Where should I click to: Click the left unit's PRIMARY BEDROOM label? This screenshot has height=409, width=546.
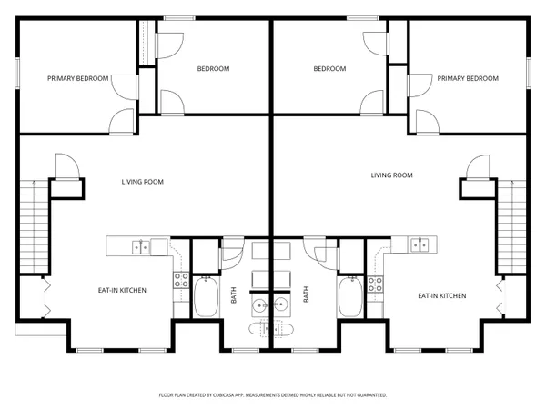(77, 78)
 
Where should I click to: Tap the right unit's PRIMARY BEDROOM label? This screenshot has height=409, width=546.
(468, 78)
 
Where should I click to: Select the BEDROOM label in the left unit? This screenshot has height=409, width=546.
(213, 68)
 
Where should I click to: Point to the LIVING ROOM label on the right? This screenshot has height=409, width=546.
(391, 175)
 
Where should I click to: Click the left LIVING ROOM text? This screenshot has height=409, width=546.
(143, 181)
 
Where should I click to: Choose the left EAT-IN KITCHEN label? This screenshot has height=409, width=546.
(122, 290)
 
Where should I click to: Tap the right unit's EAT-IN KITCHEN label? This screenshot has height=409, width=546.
(442, 295)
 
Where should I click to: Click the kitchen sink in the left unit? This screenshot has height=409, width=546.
(141, 245)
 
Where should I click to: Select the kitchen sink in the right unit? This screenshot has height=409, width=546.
(420, 244)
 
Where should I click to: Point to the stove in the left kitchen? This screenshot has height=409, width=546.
(180, 281)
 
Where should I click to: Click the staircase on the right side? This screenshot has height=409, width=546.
(512, 226)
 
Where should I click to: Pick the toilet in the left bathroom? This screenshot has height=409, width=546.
(261, 328)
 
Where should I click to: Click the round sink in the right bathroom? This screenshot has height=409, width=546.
(281, 304)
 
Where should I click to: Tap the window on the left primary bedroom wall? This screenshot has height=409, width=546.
(17, 73)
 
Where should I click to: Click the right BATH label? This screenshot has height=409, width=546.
(306, 294)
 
